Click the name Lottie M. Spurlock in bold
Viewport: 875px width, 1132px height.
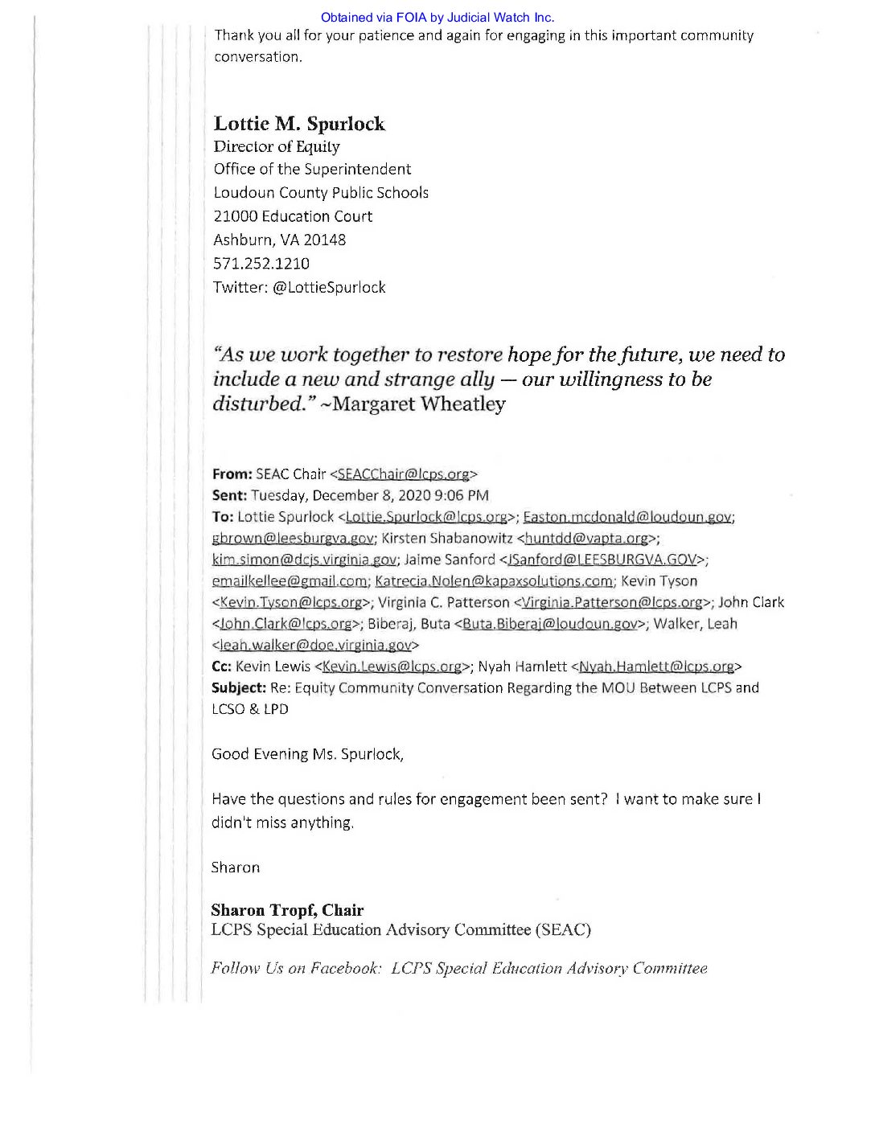(x=299, y=124)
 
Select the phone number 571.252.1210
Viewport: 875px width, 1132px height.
(x=261, y=264)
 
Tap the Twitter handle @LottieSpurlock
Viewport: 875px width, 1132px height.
(x=329, y=288)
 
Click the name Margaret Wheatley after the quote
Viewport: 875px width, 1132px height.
(x=419, y=404)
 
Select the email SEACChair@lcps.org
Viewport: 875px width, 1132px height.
(x=403, y=474)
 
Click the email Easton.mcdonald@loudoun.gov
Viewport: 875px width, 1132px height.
(x=627, y=517)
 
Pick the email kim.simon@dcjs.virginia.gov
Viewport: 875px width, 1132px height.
(x=304, y=560)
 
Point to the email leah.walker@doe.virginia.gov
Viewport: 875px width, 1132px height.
(x=315, y=645)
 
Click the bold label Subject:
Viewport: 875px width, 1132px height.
(x=239, y=688)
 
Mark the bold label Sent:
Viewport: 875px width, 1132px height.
(x=229, y=496)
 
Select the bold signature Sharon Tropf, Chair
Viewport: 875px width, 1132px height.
(x=287, y=910)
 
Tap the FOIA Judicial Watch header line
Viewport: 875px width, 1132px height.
(x=437, y=17)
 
